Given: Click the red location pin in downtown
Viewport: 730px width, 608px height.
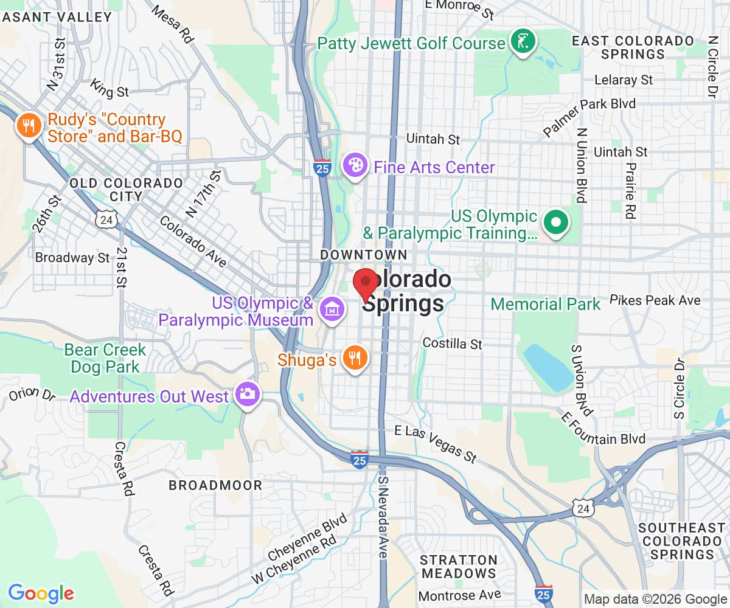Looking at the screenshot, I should (x=365, y=283).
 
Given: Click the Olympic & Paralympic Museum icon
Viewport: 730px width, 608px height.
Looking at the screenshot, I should (x=332, y=309).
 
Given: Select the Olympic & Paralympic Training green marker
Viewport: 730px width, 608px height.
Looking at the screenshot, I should (x=555, y=223).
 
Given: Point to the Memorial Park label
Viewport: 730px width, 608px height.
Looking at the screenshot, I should (x=545, y=304).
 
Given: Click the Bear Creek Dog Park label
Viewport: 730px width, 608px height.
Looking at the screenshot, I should (x=105, y=358).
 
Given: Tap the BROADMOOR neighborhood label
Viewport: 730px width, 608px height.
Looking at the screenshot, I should (x=215, y=485).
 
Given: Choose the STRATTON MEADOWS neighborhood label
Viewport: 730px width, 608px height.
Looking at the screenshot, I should (x=459, y=566).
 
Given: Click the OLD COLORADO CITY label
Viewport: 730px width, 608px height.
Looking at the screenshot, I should (x=126, y=190).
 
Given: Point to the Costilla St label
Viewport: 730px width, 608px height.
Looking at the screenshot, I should (x=452, y=344).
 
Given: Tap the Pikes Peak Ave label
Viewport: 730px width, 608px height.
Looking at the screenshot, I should (x=655, y=300).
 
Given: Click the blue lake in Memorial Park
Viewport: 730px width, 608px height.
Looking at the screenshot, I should (x=547, y=365).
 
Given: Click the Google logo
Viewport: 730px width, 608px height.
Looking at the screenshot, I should (x=41, y=593).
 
